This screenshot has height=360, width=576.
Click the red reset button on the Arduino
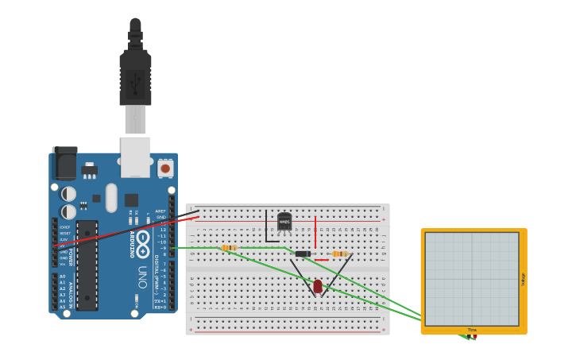(x=165, y=168)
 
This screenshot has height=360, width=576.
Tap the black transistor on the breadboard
(x=284, y=222)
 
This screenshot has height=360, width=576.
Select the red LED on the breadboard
(x=318, y=286)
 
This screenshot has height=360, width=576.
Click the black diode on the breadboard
(x=303, y=254)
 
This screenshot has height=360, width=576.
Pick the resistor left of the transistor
(x=229, y=248)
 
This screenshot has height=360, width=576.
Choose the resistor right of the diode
(x=339, y=254)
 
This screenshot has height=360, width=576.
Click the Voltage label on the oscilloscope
(x=523, y=279)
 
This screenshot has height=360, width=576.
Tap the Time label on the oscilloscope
(x=472, y=330)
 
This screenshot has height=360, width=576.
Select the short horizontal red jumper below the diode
(x=321, y=260)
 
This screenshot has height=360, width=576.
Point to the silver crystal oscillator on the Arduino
(x=111, y=198)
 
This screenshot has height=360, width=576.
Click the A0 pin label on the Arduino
(x=63, y=276)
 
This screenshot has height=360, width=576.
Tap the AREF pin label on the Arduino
(x=161, y=211)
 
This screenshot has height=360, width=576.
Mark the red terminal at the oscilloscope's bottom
(x=474, y=338)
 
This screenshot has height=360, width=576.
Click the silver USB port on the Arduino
(x=135, y=156)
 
